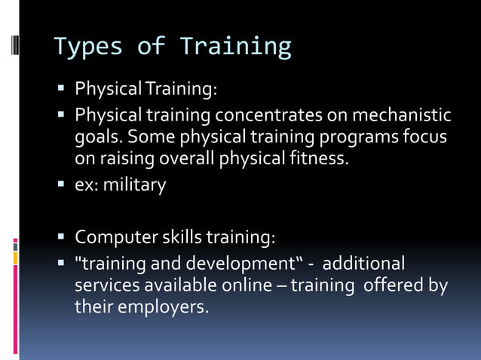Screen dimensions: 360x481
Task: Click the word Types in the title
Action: (x=88, y=47)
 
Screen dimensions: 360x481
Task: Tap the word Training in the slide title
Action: (x=235, y=47)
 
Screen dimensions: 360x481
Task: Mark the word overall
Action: (x=177, y=160)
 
